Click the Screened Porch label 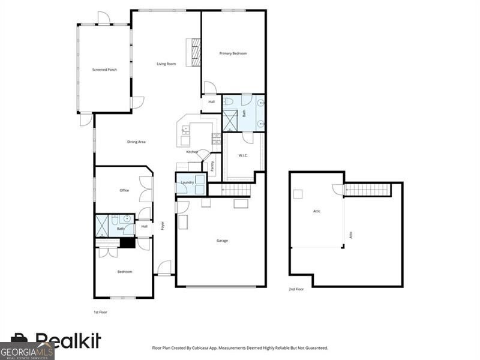(x=104, y=70)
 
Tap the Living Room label (x=166, y=64)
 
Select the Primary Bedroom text (x=233, y=53)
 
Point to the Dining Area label (x=136, y=142)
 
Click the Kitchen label (x=192, y=152)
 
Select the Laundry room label (x=187, y=182)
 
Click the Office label (x=124, y=190)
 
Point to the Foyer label (x=162, y=226)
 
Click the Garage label (x=222, y=241)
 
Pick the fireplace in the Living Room (x=194, y=52)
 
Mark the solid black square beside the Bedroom (x=127, y=243)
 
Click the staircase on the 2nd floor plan (x=367, y=190)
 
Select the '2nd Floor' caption (x=296, y=289)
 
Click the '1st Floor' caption (x=101, y=312)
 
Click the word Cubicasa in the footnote (x=218, y=348)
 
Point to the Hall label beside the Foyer (x=144, y=227)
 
